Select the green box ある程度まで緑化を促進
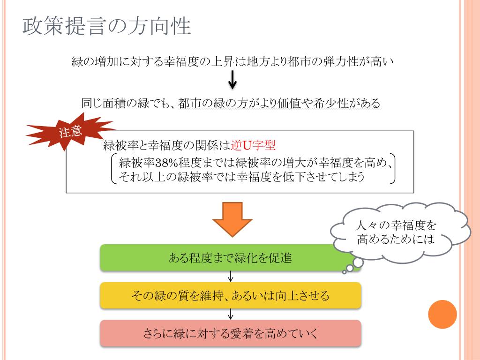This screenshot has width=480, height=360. pyautogui.click(x=230, y=258)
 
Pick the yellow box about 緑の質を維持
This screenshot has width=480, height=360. pyautogui.click(x=230, y=296)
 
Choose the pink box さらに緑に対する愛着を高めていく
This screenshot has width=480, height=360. pyautogui.click(x=230, y=334)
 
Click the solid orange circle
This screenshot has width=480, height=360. pyautogui.click(x=442, y=314)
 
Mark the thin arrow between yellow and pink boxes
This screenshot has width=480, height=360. pyautogui.click(x=231, y=315)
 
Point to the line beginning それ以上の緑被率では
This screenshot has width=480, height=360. pyautogui.click(x=241, y=177)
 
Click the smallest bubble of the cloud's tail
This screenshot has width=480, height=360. pyautogui.click(x=344, y=271)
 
